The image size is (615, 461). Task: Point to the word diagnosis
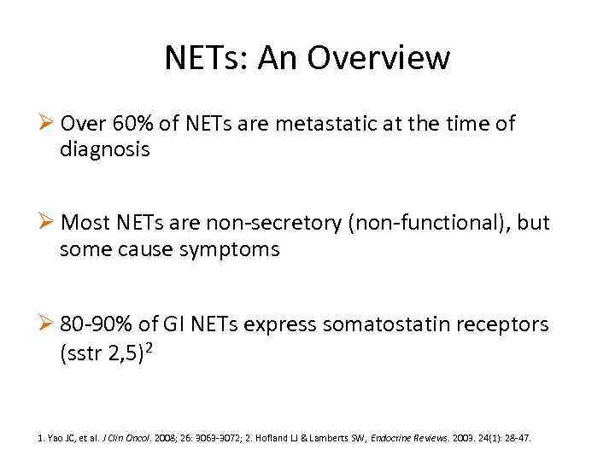104,150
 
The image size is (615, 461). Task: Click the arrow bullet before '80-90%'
48,324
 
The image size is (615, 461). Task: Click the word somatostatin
375,324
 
